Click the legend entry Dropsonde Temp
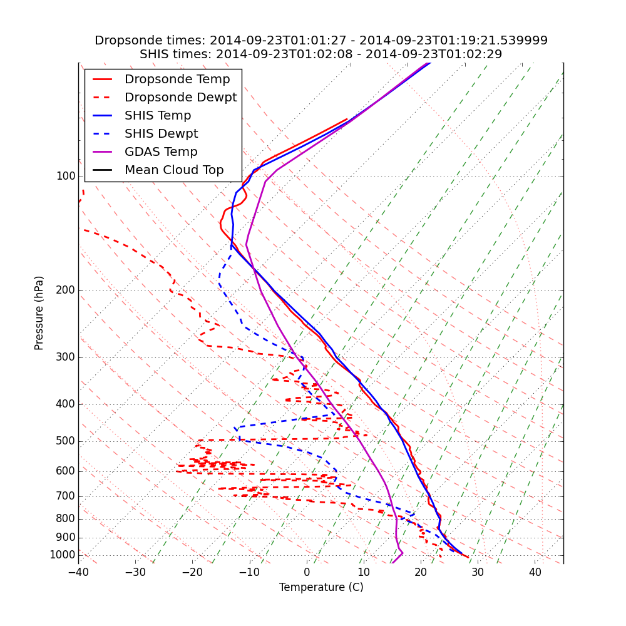[x=177, y=80]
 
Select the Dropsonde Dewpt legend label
[x=180, y=98]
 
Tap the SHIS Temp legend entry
[x=158, y=116]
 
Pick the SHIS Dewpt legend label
[x=161, y=134]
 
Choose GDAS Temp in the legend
[x=161, y=152]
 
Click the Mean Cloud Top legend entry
[x=174, y=170]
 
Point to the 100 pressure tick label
[x=66, y=177]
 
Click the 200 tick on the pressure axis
[x=66, y=290]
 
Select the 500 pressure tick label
[x=66, y=441]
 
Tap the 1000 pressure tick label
[x=63, y=555]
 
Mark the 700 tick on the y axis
[x=66, y=496]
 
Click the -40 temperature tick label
[x=78, y=572]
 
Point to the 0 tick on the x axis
[x=307, y=572]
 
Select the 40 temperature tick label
[x=535, y=572]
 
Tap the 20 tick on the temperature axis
[x=421, y=572]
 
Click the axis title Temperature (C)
[x=321, y=587]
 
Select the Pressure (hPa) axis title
[x=39, y=313]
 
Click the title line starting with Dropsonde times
[x=321, y=41]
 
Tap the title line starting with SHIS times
[x=321, y=54]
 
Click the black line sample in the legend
[x=102, y=170]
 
